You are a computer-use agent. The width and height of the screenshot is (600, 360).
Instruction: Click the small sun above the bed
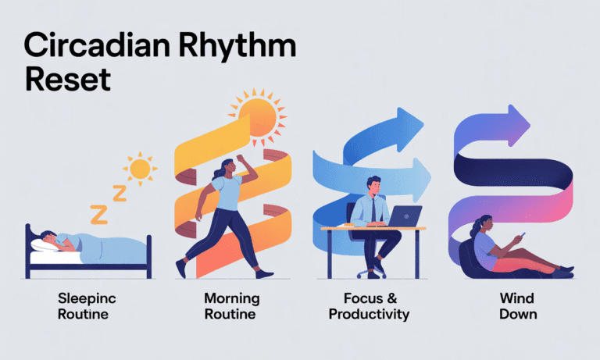pos(140,168)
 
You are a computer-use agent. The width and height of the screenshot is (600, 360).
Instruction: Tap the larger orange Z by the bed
pos(99,212)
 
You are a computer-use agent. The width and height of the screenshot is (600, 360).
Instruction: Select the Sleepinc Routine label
pos(84,305)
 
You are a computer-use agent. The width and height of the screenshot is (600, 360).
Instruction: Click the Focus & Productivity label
pos(370,305)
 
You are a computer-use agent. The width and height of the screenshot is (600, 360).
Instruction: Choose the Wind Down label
pos(518,305)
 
